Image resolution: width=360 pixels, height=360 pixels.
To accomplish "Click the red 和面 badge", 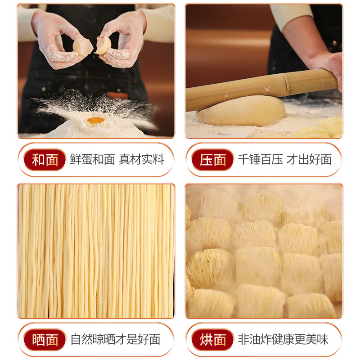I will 45,160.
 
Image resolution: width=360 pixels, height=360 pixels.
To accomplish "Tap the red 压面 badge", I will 213,160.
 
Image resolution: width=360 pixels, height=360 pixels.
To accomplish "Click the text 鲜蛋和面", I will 93,160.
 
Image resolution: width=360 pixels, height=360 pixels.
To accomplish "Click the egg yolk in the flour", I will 96,120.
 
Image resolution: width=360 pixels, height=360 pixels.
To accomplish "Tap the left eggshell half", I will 82,47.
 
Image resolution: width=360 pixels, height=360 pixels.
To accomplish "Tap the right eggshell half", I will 103,45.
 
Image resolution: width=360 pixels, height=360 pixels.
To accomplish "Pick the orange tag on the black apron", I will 118,95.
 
